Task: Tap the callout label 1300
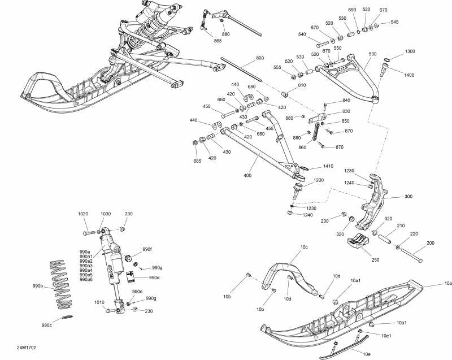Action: coord(410,51)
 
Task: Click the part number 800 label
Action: coord(260,58)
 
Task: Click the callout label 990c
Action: coord(46,326)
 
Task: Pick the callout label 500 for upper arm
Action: coord(372,54)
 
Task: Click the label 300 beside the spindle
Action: coord(408,197)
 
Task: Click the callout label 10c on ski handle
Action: coord(304,248)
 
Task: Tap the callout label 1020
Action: coord(83,214)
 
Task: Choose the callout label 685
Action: coord(197,161)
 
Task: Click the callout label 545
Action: coord(394,22)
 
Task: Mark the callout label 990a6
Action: coord(86,279)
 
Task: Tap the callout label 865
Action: coord(218,41)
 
